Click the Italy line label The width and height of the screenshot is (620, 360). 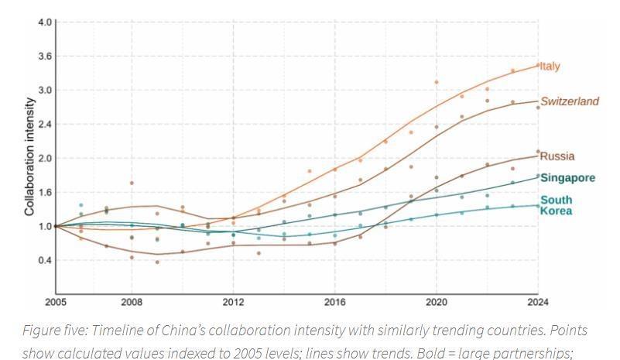point(550,66)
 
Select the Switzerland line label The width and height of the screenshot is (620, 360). point(570,101)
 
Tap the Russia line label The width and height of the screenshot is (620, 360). point(557,156)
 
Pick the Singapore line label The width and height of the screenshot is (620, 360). point(567,177)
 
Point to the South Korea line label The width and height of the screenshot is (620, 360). point(557,205)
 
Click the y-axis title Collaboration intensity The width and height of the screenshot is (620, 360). point(29,156)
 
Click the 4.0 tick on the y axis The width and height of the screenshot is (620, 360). point(43,22)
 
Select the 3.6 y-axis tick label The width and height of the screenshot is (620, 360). point(43,56)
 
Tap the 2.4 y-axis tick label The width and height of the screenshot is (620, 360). point(43,124)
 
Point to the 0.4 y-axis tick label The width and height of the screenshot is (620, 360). point(43,260)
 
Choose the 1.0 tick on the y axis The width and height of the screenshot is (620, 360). point(43,226)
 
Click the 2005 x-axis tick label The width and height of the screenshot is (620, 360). point(57,300)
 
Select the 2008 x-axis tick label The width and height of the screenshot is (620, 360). point(131,300)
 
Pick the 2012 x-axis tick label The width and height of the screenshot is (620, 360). point(233,300)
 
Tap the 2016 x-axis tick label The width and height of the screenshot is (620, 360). point(334,300)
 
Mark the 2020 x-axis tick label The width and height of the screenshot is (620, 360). point(437,300)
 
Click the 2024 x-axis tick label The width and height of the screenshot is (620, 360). point(537,300)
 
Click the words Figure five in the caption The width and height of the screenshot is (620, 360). point(55,331)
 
